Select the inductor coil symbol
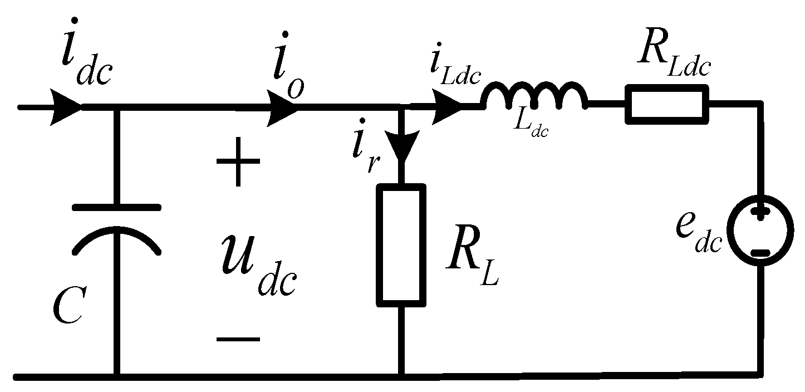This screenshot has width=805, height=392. tap(534, 97)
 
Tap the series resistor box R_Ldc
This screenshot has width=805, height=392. tap(667, 104)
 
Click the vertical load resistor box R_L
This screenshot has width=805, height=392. tap(401, 245)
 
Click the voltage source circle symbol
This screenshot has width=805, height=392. tap(760, 234)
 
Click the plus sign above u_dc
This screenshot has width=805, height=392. tap(238, 163)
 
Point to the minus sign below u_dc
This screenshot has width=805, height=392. tap(238, 339)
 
